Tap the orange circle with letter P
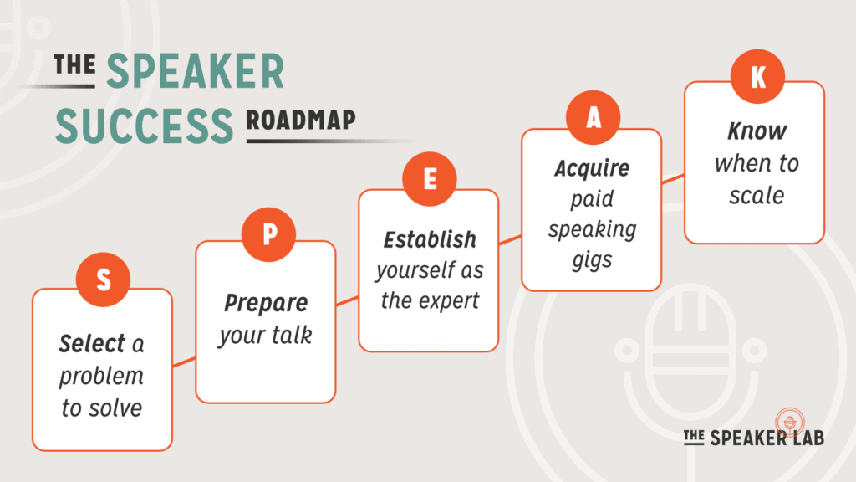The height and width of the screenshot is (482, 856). (x=268, y=233)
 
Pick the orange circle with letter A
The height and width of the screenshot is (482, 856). (x=593, y=119)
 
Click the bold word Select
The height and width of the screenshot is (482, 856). (x=91, y=343)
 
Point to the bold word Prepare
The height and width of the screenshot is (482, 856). (x=265, y=302)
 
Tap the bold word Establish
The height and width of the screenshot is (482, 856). (x=429, y=239)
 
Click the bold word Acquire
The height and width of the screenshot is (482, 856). (x=592, y=169)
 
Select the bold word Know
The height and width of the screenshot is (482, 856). (x=757, y=131)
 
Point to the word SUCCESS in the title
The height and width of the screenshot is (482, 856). (x=144, y=125)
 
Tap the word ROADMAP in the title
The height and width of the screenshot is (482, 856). (x=301, y=122)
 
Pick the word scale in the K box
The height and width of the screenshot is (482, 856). (x=757, y=195)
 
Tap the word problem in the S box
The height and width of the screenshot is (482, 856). (x=101, y=376)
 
